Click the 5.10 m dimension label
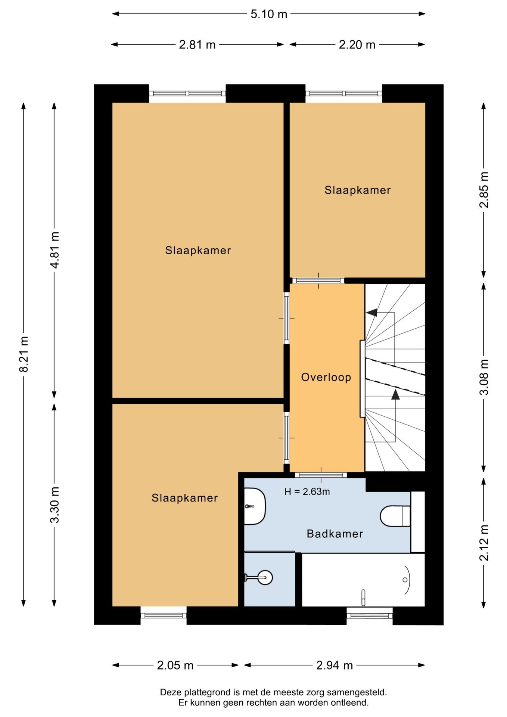point(269,14)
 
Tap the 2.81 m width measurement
point(197,45)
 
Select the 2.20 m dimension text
point(357,45)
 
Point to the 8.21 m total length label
point(24,354)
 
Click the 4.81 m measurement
point(55,250)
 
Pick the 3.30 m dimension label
point(55,505)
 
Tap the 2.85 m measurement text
point(484,190)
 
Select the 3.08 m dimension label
point(484,377)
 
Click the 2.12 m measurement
point(484,543)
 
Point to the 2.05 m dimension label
point(175,665)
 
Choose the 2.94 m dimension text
point(335,665)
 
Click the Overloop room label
point(326,377)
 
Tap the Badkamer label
point(335,534)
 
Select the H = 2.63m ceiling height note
point(307,492)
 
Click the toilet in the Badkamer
point(395,516)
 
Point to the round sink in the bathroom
point(264,578)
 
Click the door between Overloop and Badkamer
point(321,475)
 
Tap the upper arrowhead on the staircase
point(372,312)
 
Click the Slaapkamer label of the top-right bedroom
point(358,190)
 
